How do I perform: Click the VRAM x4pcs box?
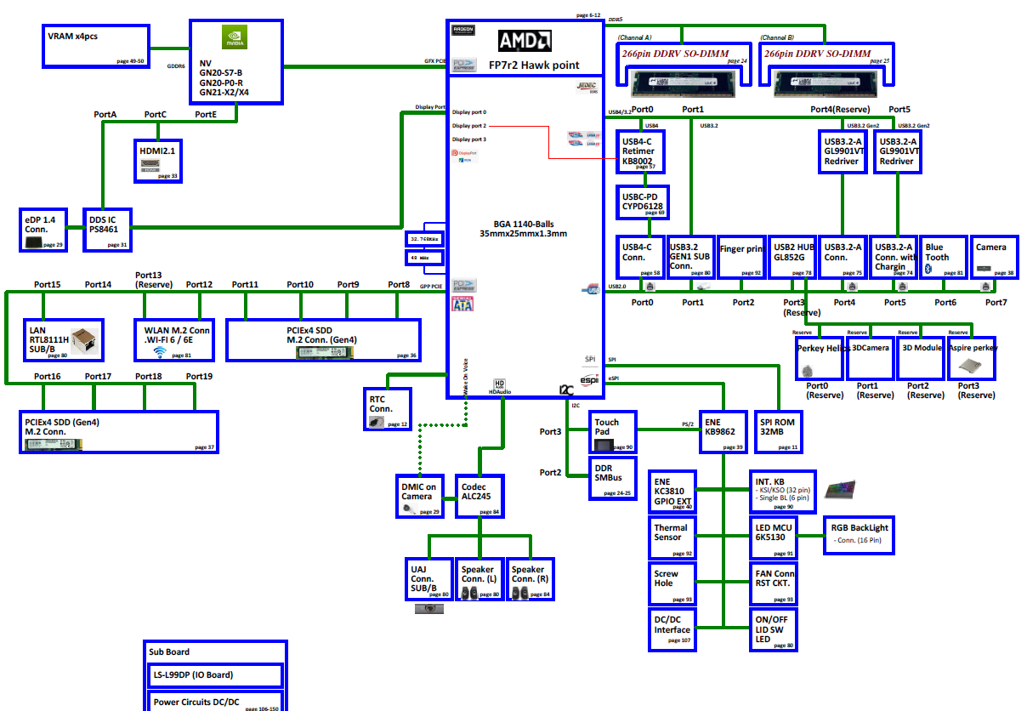point(95,46)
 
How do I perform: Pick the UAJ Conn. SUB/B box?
point(428,579)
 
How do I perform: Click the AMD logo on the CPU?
point(525,40)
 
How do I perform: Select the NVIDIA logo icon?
point(235,37)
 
